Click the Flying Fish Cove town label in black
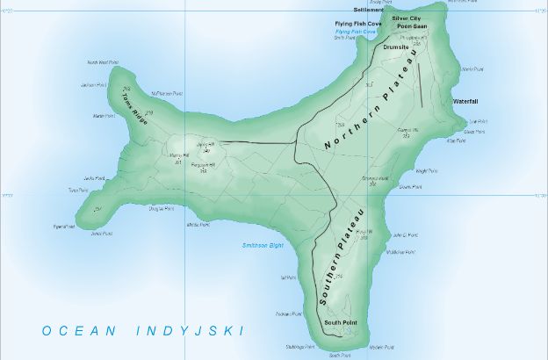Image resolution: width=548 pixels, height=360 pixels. (x=355, y=24)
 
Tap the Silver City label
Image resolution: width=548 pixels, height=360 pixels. (x=407, y=18)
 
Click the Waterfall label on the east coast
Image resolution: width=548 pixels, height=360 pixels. (x=465, y=102)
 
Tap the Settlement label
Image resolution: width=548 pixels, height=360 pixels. (x=368, y=11)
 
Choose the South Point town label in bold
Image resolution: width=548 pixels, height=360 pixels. (x=340, y=324)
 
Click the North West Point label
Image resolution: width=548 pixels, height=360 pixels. (x=102, y=62)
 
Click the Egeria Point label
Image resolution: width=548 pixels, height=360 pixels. (x=64, y=226)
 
